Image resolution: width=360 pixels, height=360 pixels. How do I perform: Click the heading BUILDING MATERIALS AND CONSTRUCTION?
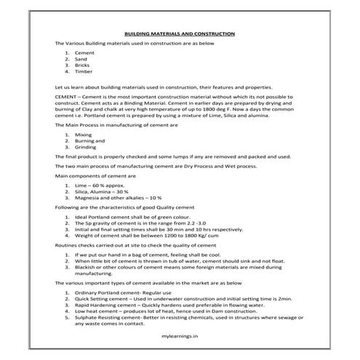(180, 33)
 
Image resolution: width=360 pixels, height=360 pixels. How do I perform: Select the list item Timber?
(85, 72)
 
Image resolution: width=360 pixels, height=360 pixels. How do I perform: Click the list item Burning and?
(89, 141)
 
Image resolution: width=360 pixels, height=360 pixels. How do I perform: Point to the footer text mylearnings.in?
(180, 337)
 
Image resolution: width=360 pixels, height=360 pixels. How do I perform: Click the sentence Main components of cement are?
(95, 175)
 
